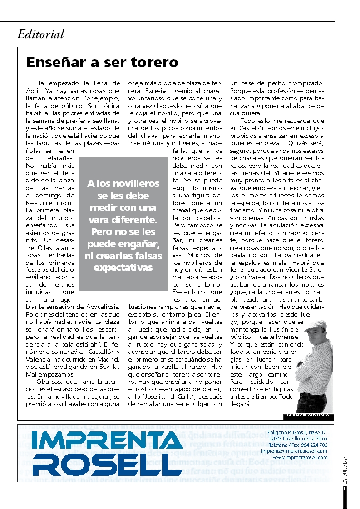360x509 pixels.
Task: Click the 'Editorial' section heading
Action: (x=41, y=34)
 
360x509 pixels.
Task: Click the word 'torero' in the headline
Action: (x=153, y=62)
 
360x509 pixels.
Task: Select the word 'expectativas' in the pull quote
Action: (x=123, y=268)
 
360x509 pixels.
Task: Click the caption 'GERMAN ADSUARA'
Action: (x=308, y=415)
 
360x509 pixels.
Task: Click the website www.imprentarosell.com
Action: (x=300, y=457)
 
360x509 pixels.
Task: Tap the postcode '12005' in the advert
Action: (x=276, y=439)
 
